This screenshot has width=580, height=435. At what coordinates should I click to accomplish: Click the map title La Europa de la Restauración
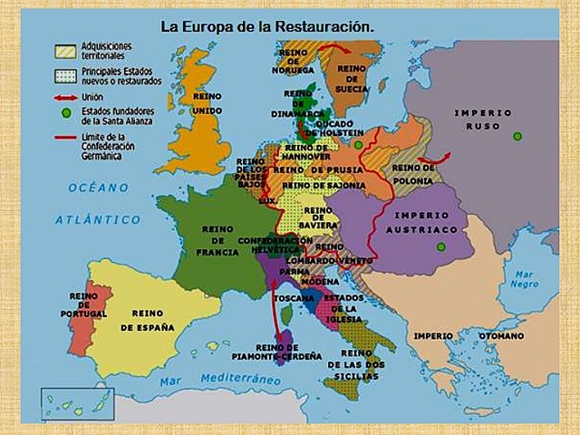[x=267, y=26]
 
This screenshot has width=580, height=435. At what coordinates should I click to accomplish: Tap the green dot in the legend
[x=64, y=112]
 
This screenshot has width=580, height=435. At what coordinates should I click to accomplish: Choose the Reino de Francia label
[x=217, y=240]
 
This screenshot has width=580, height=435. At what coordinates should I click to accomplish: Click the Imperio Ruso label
[x=483, y=119]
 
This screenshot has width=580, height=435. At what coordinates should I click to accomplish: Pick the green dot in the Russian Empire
[x=517, y=137]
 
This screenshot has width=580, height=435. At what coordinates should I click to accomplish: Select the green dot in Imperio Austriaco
[x=441, y=246]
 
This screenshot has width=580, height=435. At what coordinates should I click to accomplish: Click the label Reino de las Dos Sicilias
[x=356, y=364]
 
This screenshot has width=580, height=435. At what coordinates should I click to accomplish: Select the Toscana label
[x=294, y=297]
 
